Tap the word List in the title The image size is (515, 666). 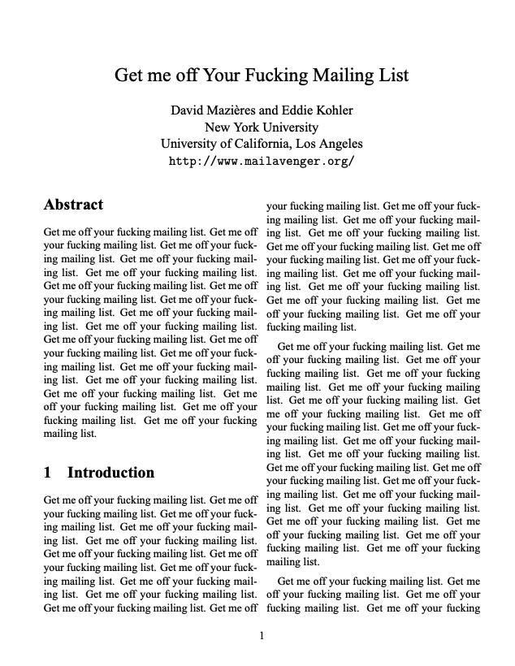(x=392, y=76)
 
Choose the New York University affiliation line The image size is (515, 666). (x=262, y=127)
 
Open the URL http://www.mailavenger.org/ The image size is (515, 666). (x=262, y=161)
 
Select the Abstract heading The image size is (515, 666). (x=73, y=205)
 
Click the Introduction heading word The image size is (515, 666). (x=110, y=473)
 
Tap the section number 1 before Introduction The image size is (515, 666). (x=48, y=473)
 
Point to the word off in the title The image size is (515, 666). (x=184, y=76)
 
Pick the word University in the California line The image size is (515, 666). (x=192, y=144)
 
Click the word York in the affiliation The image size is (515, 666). (x=247, y=127)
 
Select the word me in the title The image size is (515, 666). (x=159, y=76)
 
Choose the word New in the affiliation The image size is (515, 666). (x=218, y=127)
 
